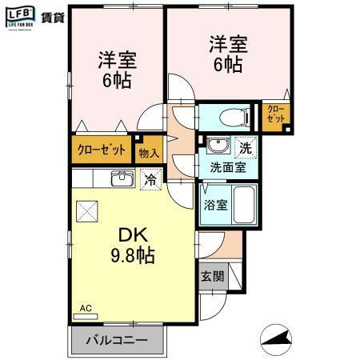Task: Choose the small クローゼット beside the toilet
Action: (274, 117)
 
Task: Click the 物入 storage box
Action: (149, 151)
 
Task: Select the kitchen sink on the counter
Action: (122, 178)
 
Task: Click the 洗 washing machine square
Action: (246, 146)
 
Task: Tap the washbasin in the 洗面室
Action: (216, 146)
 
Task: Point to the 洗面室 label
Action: (228, 167)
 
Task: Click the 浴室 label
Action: (217, 204)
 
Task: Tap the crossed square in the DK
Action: (86, 212)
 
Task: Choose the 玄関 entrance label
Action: (212, 277)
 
